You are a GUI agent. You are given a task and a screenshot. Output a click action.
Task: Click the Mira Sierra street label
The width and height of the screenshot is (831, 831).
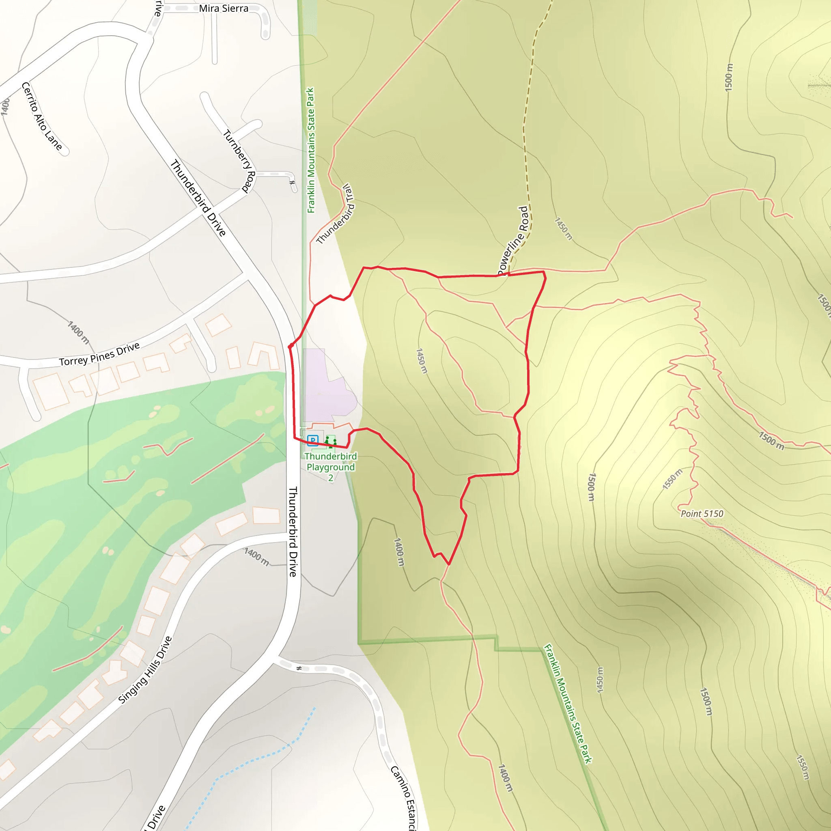click(x=223, y=9)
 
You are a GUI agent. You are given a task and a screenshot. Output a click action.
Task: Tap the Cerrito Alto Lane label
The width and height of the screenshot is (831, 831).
click(x=42, y=116)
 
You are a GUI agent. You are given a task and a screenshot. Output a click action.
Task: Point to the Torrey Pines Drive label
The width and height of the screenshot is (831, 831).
click(x=99, y=354)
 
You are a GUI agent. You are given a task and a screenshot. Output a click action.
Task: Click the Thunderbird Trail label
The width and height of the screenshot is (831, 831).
click(x=335, y=214)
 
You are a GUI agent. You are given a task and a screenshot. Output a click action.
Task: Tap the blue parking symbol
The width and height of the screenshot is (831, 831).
click(x=313, y=440)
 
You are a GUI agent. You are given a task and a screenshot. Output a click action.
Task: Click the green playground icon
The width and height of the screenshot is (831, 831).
click(x=330, y=441)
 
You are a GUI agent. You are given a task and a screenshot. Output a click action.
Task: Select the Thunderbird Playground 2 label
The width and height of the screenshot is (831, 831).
click(x=330, y=467)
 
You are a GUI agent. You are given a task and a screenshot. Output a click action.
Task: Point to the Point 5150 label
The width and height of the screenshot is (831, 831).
click(x=702, y=514)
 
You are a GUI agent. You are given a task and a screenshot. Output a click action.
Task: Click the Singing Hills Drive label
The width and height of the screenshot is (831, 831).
click(x=145, y=670)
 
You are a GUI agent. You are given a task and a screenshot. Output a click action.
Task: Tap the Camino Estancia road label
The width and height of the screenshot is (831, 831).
click(x=404, y=798)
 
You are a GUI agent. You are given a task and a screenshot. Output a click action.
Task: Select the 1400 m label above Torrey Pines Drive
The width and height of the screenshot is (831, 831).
click(x=78, y=332)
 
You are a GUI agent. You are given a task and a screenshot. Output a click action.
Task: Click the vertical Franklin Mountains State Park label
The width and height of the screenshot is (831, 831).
click(x=310, y=150)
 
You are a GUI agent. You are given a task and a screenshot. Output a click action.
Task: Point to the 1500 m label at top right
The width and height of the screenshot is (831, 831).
click(x=729, y=77)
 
